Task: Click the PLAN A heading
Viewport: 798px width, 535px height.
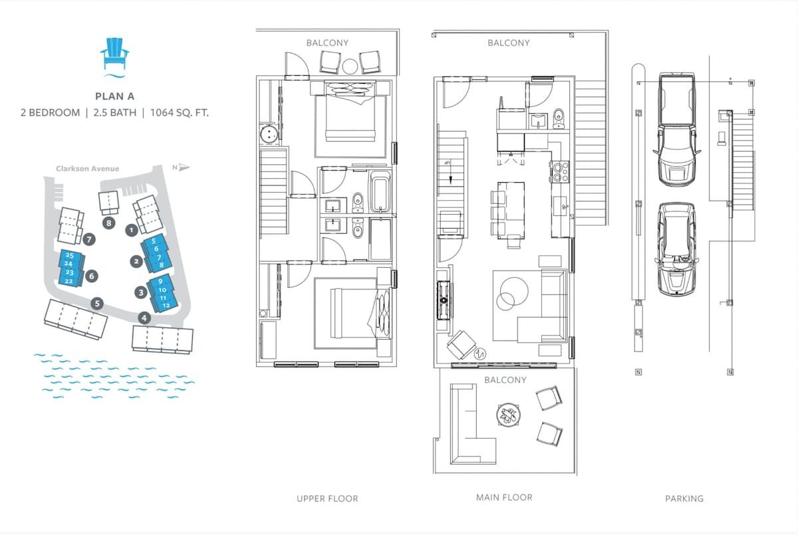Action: [x=114, y=96]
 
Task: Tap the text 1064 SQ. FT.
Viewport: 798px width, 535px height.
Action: [x=179, y=113]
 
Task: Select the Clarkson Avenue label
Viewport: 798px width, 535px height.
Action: [x=87, y=168]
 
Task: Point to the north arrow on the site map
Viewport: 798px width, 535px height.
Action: [x=184, y=167]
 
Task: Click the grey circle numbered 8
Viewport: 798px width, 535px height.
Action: [x=108, y=223]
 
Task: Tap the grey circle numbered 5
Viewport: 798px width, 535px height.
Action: [x=97, y=303]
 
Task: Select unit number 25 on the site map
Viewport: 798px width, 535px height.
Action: [x=69, y=255]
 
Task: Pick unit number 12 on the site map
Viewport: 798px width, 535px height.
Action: [x=166, y=306]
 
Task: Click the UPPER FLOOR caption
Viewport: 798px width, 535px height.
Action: [x=327, y=498]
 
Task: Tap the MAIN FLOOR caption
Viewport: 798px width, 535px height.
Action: [x=504, y=497]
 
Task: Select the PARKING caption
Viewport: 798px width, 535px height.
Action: [x=684, y=498]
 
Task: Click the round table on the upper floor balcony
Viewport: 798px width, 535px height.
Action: [x=350, y=66]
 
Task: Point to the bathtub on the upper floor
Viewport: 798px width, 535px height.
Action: [x=381, y=192]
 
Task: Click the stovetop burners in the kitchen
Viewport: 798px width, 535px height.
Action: [x=560, y=171]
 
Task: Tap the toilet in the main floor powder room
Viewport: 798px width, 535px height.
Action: [x=558, y=118]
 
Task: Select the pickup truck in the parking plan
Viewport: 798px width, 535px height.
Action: [x=676, y=130]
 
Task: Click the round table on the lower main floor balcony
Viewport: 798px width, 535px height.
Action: [x=508, y=414]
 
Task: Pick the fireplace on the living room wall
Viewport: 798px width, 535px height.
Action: [x=444, y=300]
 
